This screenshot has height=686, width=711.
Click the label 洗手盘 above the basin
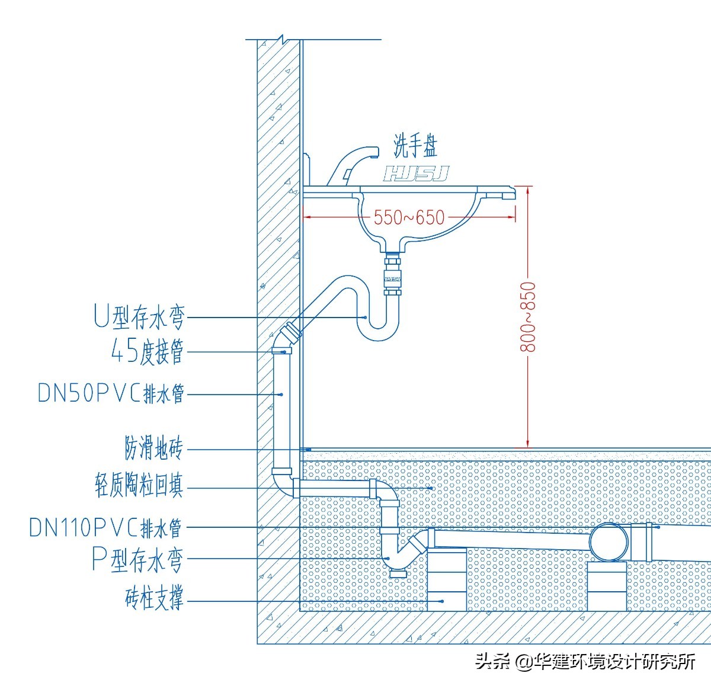click(416, 146)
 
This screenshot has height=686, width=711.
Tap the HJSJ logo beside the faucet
click(415, 174)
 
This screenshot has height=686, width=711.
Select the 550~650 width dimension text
click(409, 217)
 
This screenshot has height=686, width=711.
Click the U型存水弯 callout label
click(140, 316)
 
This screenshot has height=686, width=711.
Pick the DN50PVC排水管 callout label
click(111, 393)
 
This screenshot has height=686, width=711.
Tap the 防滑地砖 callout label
click(153, 448)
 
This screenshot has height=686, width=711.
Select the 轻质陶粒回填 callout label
click(139, 485)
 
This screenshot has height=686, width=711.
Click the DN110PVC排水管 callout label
click(105, 527)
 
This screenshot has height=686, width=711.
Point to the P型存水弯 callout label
click(137, 559)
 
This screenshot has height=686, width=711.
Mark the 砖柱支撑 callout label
click(154, 598)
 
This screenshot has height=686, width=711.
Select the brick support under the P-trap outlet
click(447, 581)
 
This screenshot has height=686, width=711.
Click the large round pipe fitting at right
click(610, 541)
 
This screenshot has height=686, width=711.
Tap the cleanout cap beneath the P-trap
click(398, 573)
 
